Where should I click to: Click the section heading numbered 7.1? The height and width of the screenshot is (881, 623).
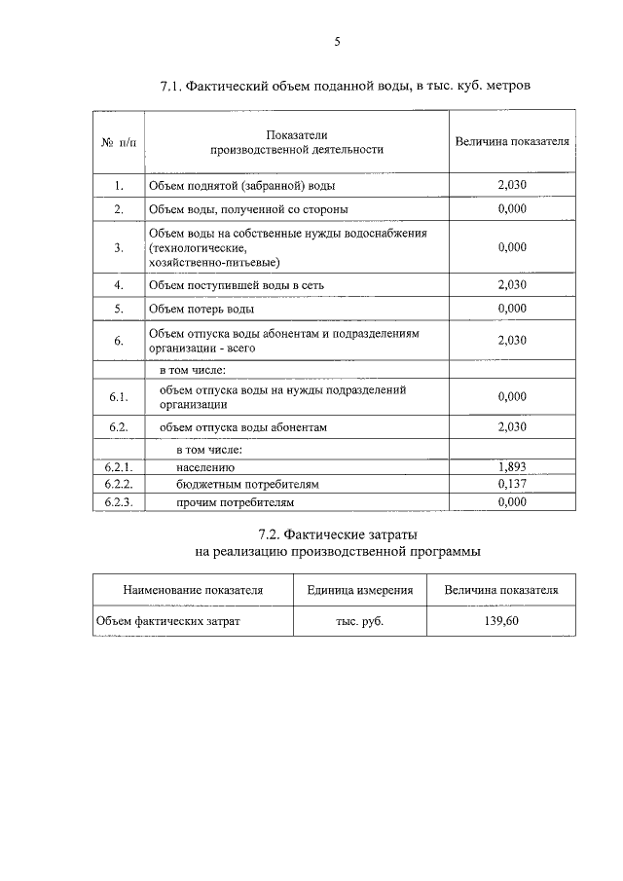(x=346, y=87)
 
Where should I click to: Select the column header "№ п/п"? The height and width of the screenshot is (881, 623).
(x=119, y=142)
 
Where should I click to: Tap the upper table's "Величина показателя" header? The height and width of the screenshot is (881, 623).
(x=511, y=142)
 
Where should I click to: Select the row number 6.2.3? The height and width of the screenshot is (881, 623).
(x=118, y=502)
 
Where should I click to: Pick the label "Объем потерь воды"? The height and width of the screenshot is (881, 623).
(x=202, y=310)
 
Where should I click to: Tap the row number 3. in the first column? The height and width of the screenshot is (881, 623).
(x=118, y=248)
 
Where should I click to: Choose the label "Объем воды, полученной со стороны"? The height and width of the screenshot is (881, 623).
(x=248, y=209)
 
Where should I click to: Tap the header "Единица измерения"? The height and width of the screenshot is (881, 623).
(x=360, y=590)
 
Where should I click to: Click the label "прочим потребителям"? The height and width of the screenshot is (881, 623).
(x=235, y=502)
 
